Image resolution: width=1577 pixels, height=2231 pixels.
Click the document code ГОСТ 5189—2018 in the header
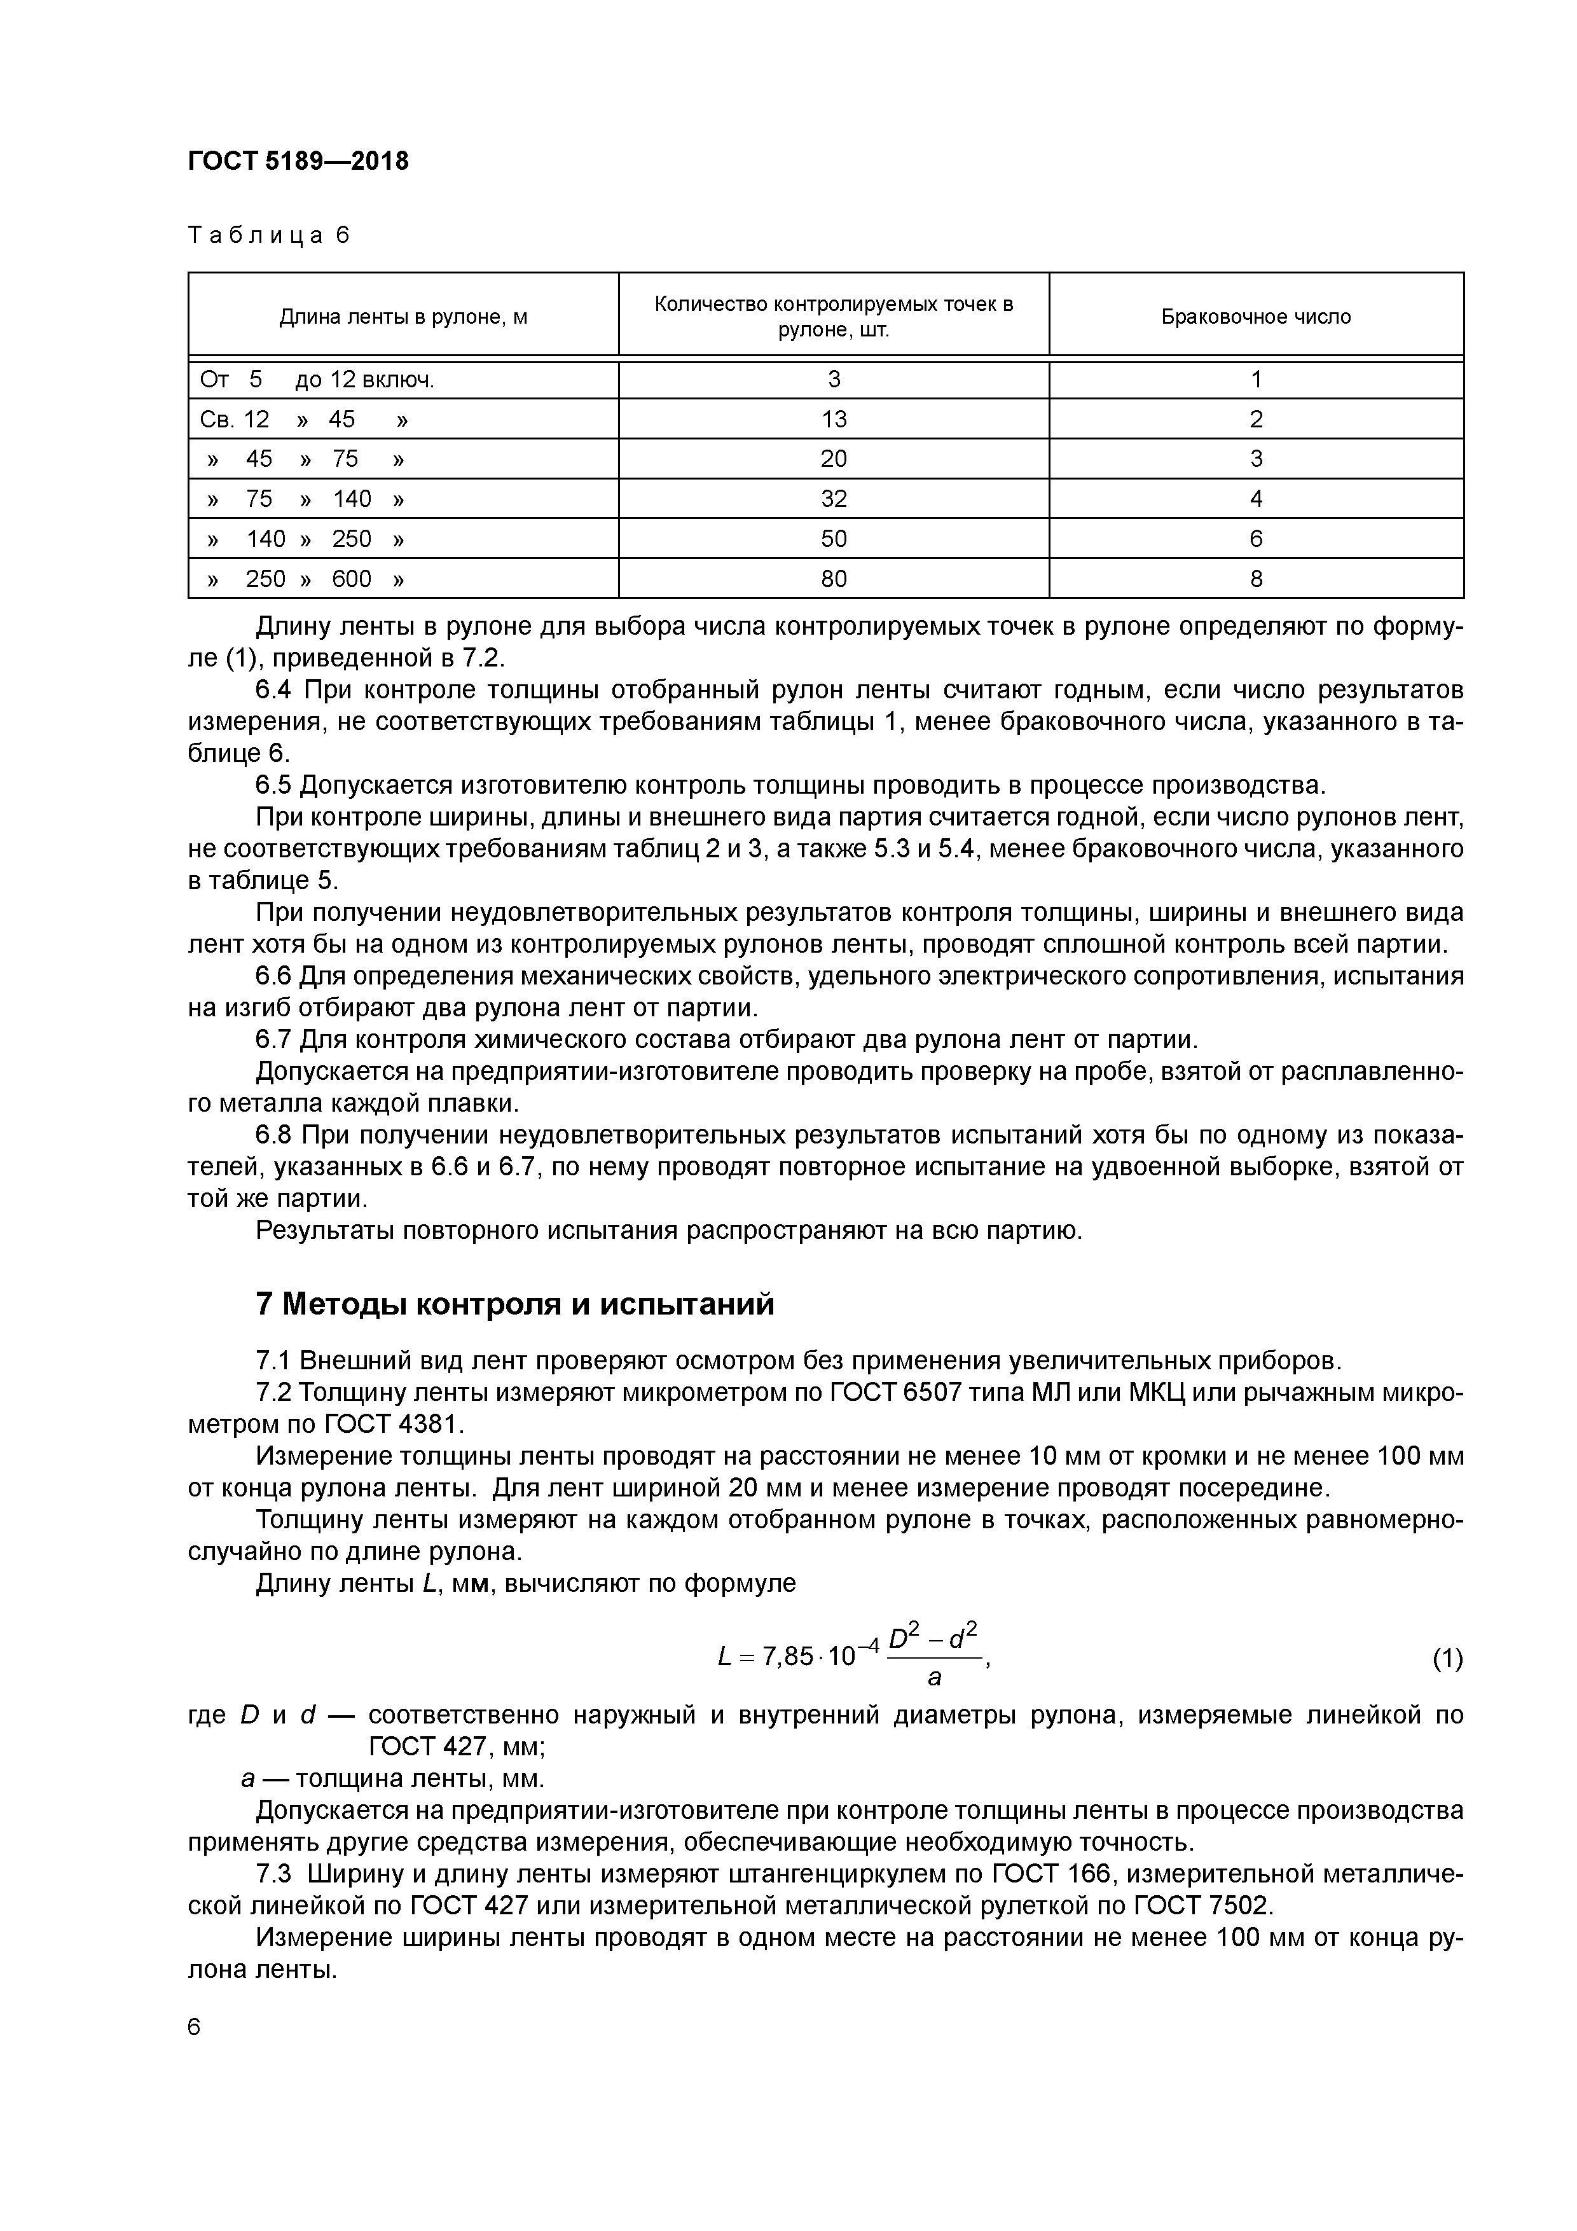click(298, 162)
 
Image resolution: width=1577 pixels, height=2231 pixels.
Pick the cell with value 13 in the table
click(834, 419)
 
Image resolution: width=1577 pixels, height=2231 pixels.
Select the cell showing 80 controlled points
click(834, 579)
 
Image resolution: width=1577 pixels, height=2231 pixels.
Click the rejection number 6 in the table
click(1255, 539)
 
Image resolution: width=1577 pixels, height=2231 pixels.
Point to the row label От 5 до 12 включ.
click(317, 380)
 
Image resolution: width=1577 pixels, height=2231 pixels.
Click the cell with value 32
click(834, 499)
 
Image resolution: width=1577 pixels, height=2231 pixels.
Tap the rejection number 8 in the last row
click(1255, 579)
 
